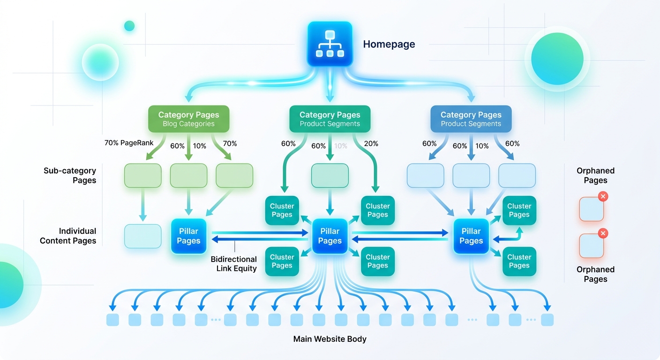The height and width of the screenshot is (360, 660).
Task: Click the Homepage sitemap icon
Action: click(330, 44)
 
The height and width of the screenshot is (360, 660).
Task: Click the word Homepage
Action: click(389, 45)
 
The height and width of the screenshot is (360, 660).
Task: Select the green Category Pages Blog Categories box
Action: click(188, 119)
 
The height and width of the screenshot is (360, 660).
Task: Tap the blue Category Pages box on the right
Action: click(471, 119)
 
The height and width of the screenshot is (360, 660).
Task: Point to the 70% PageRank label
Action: click(129, 142)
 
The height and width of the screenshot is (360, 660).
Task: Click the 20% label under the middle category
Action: click(371, 143)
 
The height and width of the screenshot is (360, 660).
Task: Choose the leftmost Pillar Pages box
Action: click(188, 236)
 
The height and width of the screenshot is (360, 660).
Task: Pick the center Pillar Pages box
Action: click(330, 236)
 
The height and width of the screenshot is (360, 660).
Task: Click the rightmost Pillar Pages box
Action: click(471, 236)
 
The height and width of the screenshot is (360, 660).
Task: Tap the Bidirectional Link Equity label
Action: click(233, 264)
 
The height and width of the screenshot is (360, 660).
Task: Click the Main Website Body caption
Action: click(330, 339)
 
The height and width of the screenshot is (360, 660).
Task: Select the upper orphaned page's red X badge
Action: click(603, 196)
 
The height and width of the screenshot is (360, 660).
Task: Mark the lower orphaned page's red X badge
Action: click(603, 233)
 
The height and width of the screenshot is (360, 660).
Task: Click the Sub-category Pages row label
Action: click(70, 175)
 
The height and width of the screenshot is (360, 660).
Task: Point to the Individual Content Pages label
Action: click(68, 236)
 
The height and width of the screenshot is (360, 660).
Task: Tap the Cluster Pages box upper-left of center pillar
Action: click(282, 210)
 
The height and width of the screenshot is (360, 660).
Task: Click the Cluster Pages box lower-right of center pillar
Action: click(377, 261)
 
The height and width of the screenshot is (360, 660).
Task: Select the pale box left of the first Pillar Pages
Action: click(142, 236)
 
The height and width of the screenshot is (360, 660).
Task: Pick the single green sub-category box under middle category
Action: click(330, 176)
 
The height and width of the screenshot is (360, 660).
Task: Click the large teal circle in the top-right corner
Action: click(557, 59)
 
